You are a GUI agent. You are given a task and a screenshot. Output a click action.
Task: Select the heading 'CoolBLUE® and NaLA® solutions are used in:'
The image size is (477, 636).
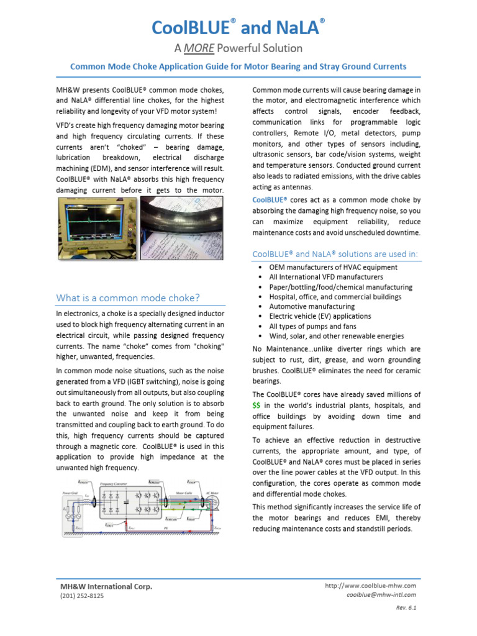[335, 254]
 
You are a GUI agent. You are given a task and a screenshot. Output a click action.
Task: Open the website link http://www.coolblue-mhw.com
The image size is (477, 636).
[370, 586]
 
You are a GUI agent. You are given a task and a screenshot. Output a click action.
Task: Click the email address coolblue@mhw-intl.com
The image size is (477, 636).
[381, 594]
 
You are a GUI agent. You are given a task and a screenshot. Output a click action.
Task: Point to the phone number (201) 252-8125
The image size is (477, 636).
[82, 596]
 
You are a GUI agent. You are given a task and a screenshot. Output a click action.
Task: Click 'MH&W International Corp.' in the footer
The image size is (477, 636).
[106, 586]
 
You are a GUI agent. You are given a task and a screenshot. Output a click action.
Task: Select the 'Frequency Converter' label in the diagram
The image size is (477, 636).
[119, 483]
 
